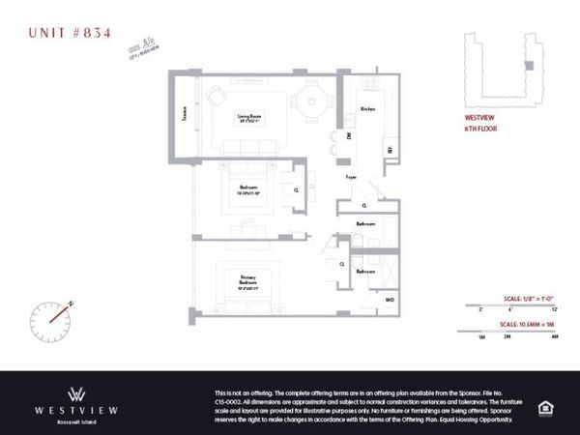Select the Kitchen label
[x=367, y=108]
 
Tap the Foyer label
[x=353, y=177]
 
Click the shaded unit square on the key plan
[x=527, y=66]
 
